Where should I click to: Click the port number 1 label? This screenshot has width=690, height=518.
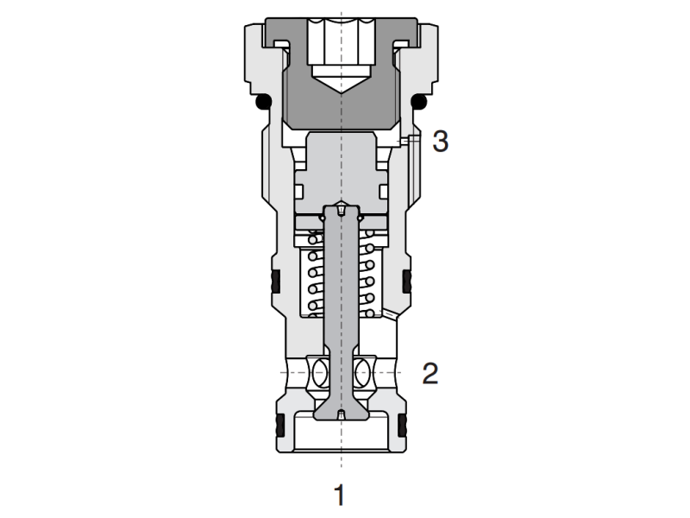point(340,495)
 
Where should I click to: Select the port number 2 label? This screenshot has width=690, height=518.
point(430,374)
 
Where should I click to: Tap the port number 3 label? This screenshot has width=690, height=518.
point(440,141)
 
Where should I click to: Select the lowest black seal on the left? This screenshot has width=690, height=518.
point(279,425)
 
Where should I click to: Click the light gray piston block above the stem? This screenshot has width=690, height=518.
point(342,168)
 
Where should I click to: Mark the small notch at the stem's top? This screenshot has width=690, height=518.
point(342,208)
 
